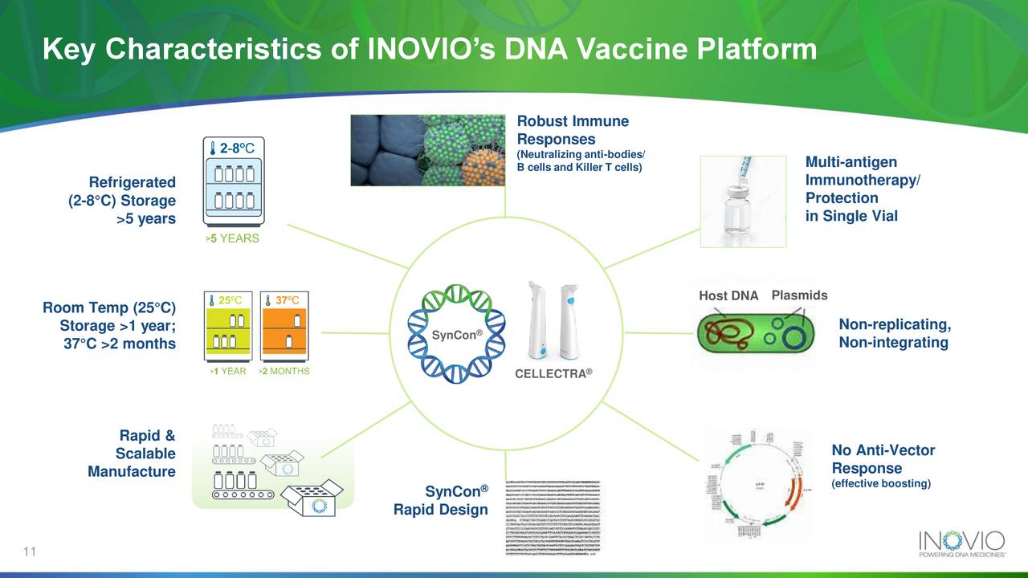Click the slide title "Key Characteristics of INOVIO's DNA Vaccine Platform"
pyautogui.click(x=430, y=50)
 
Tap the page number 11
pyautogui.click(x=31, y=552)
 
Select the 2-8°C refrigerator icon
pyautogui.click(x=233, y=185)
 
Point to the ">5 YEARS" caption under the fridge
pyautogui.click(x=232, y=239)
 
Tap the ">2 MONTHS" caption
pyautogui.click(x=284, y=372)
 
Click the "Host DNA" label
pyautogui.click(x=728, y=296)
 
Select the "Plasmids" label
pyautogui.click(x=799, y=295)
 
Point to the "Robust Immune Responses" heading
pyautogui.click(x=573, y=130)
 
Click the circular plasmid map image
pyautogui.click(x=753, y=485)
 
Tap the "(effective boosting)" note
pyautogui.click(x=880, y=483)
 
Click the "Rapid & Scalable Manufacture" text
pyautogui.click(x=133, y=454)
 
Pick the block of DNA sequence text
pyautogui.click(x=553, y=518)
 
